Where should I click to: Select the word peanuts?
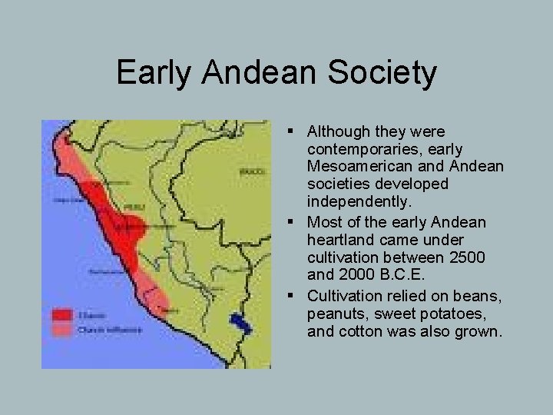click(x=336, y=315)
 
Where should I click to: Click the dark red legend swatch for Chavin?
click(x=62, y=314)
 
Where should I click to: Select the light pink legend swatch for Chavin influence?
click(x=62, y=330)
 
